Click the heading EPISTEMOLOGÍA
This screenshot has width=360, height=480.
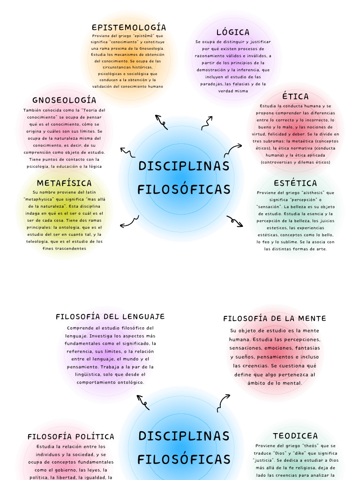(129, 27)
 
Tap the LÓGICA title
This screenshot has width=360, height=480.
(233, 32)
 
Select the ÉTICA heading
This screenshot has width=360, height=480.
(295, 97)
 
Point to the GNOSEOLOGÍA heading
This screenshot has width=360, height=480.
(64, 100)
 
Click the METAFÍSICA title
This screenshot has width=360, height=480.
(64, 183)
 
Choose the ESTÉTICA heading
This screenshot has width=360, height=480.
(295, 183)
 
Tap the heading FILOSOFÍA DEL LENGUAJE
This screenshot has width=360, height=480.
(110, 317)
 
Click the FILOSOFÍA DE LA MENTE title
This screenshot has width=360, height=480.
(275, 318)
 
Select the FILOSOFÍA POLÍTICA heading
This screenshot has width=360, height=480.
(71, 436)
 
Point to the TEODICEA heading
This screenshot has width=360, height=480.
(295, 436)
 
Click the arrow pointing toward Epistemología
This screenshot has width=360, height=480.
(162, 121)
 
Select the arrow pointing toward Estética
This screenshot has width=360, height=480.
(235, 221)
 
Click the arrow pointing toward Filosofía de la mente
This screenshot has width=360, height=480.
(224, 402)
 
